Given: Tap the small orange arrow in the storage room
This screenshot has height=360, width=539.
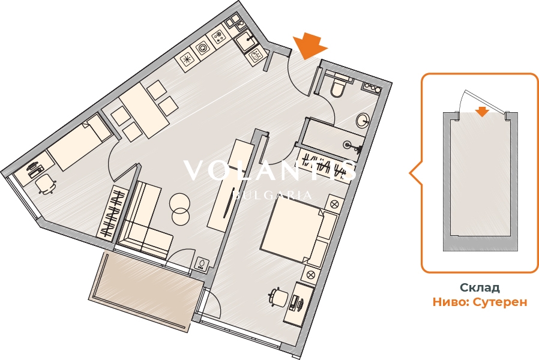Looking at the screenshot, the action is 483,111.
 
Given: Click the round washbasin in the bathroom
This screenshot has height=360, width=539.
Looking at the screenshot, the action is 363,120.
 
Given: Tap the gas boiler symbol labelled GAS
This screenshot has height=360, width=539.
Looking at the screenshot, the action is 201,264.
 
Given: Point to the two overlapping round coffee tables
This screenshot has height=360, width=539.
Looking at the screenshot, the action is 179,209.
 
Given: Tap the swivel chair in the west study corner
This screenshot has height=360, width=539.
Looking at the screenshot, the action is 44,184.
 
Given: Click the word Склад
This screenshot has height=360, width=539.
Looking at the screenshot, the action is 480,287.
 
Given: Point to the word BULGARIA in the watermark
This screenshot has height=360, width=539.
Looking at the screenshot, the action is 273,196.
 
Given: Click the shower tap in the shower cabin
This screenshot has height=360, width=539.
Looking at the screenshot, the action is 352,146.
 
